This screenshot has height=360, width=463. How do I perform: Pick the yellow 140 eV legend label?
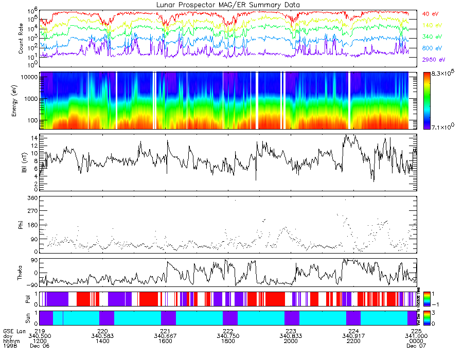click(x=431, y=25)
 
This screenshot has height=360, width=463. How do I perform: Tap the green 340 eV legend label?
click(x=431, y=37)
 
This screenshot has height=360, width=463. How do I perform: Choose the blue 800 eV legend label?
click(x=431, y=48)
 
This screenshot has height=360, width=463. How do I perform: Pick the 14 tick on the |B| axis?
click(x=33, y=138)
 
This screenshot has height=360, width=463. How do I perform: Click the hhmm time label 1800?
click(x=228, y=341)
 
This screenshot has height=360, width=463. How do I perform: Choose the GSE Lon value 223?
click(x=291, y=331)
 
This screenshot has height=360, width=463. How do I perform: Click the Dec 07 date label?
click(x=414, y=346)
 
